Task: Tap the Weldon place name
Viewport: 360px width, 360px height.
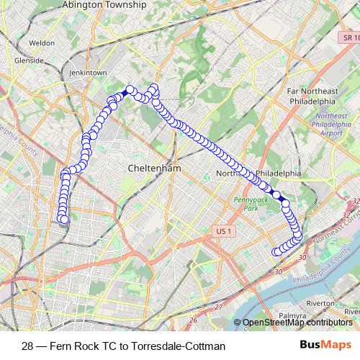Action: [42, 43]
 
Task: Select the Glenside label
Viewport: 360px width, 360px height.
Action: [30, 60]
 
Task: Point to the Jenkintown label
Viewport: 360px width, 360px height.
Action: [88, 73]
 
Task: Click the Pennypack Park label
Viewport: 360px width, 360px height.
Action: [246, 204]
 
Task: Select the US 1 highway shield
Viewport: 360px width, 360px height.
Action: [225, 231]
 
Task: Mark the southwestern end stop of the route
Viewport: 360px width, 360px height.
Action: [63, 219]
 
